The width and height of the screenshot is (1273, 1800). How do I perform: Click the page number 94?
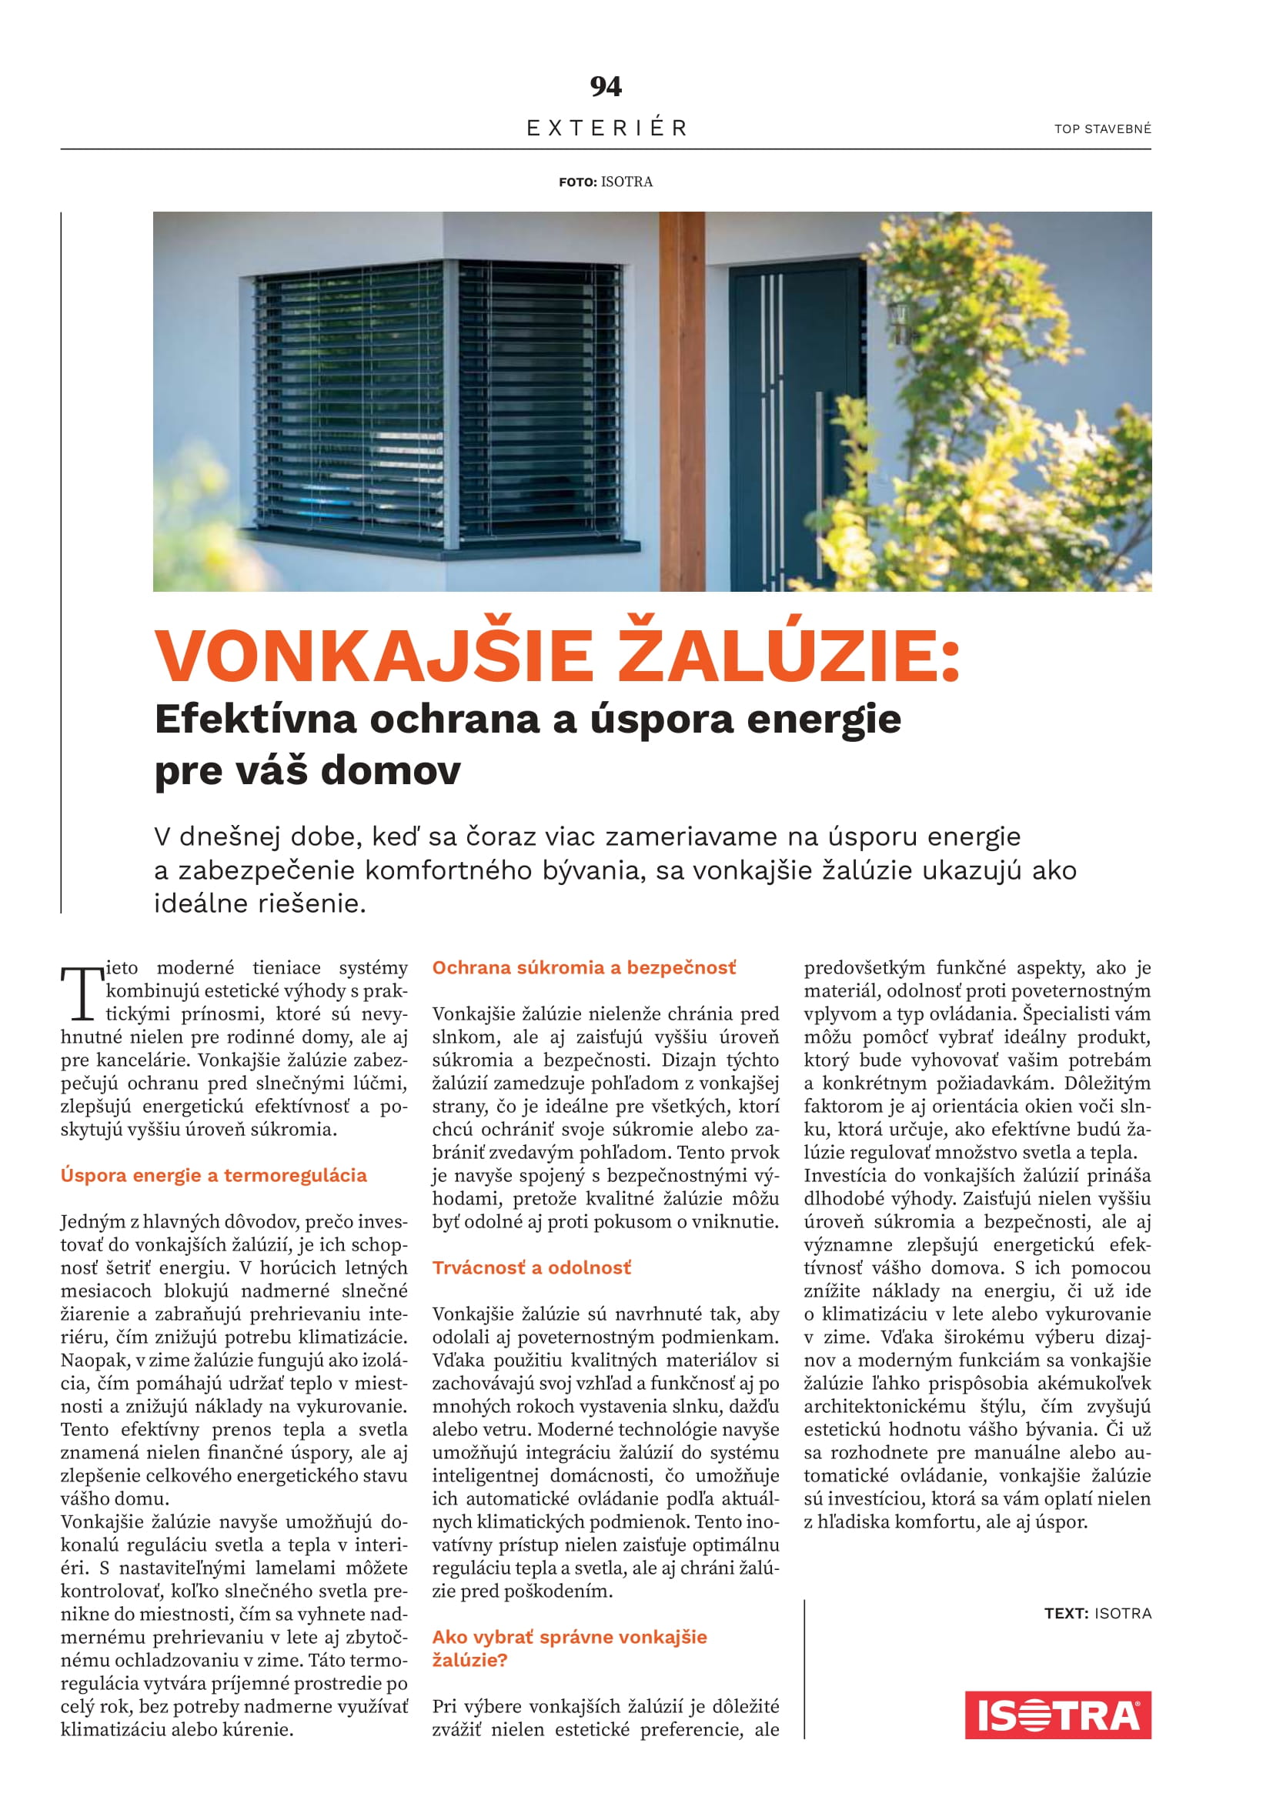coord(605,86)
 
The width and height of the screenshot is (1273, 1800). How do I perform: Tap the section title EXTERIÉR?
coord(606,128)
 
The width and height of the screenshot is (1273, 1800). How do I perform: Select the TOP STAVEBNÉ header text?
coord(1102,129)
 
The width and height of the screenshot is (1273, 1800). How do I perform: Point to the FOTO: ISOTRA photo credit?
coord(605,182)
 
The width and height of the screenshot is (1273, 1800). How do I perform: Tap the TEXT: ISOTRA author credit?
coord(1098,1614)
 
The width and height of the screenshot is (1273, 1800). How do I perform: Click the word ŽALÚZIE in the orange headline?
coord(789,656)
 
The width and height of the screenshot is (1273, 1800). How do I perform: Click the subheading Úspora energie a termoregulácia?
coord(213,1175)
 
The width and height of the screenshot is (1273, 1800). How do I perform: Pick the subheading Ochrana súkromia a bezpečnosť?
coord(584,967)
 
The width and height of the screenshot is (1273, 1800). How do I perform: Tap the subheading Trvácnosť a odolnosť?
coord(532,1267)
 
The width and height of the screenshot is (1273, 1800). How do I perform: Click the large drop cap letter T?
coord(82,994)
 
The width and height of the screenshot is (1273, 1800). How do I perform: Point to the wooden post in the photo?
coord(682,400)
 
